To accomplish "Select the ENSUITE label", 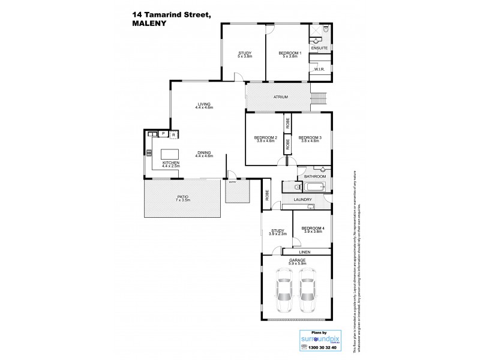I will [319, 47].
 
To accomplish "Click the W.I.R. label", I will [319, 70].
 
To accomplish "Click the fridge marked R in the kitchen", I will [173, 134].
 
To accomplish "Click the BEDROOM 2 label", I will [265, 138].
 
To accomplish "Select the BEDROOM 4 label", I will [312, 229].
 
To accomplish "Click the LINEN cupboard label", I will [305, 252].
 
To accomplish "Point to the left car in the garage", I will [283, 291].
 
